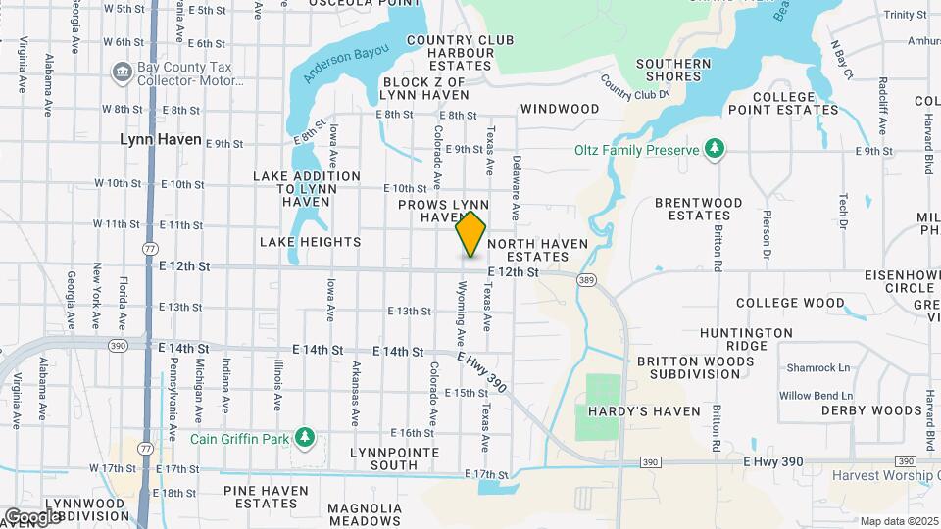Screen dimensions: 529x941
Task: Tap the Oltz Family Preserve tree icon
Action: click(717, 149)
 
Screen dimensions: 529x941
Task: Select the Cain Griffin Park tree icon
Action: click(305, 436)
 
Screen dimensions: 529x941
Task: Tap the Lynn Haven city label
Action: click(161, 139)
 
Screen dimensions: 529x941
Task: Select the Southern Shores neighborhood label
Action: click(672, 72)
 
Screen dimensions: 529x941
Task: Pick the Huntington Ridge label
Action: click(747, 339)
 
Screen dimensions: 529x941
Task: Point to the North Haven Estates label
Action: click(537, 250)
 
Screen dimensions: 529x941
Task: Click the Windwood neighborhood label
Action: click(560, 108)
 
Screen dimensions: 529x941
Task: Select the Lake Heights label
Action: click(310, 241)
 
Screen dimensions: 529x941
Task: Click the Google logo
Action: click(32, 516)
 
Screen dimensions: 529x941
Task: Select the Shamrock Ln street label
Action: click(816, 367)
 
